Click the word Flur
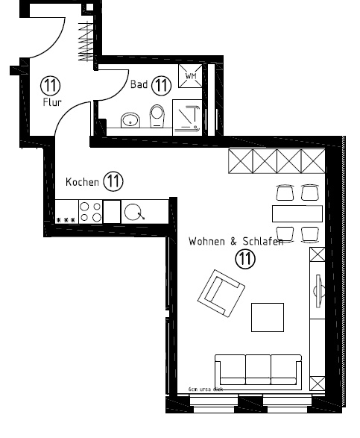click(x=52, y=101)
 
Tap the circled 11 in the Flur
click(x=52, y=84)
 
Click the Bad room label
click(x=139, y=85)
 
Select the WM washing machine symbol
click(x=189, y=76)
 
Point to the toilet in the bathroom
click(x=157, y=116)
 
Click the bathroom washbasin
click(x=132, y=119)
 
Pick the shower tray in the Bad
click(x=189, y=116)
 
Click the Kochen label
click(x=82, y=181)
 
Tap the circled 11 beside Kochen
click(x=113, y=181)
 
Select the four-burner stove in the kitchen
click(x=90, y=212)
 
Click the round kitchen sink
click(x=134, y=213)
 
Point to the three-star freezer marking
click(x=66, y=220)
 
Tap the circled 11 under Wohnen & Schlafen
click(x=245, y=259)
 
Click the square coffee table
click(x=267, y=316)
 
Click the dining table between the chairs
click(x=297, y=213)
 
